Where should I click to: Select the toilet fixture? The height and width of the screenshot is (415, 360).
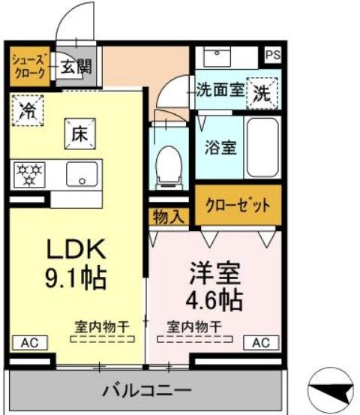tap(169, 164)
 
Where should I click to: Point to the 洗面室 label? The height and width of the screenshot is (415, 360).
tap(220, 91)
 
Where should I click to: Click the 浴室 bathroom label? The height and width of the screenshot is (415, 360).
tap(220, 146)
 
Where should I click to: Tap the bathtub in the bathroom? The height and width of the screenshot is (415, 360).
tap(263, 146)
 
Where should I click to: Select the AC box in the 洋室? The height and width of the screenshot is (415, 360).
tap(259, 342)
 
